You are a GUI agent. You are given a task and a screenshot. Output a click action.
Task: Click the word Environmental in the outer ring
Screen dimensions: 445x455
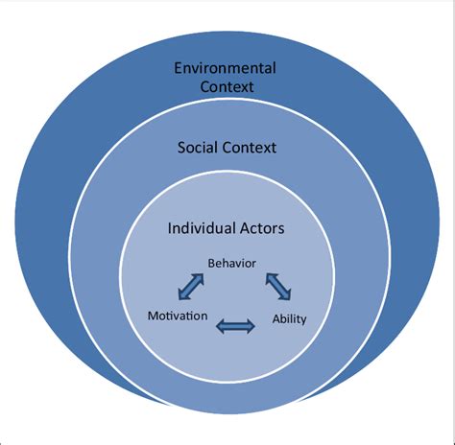224,68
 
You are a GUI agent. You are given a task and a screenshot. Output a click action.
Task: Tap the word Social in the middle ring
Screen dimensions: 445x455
200,149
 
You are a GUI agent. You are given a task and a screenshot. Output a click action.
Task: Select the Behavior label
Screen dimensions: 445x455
231,261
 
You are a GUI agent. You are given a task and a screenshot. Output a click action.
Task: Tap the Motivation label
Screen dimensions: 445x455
178,315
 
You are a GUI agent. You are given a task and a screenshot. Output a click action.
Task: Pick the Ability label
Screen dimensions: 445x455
289,319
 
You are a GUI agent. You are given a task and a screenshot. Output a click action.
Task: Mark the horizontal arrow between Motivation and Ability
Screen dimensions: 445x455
235,328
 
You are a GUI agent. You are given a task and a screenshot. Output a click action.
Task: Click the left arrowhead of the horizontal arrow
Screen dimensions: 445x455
220,328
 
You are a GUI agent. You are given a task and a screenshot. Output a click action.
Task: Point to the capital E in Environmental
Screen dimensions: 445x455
178,68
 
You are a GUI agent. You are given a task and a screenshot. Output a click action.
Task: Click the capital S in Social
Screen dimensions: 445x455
181,149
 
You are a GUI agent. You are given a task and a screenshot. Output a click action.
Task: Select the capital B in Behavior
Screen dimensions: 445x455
211,261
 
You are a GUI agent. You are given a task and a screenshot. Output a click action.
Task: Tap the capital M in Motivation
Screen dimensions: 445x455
152,315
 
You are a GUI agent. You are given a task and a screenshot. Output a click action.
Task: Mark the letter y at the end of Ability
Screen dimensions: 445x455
303,321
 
